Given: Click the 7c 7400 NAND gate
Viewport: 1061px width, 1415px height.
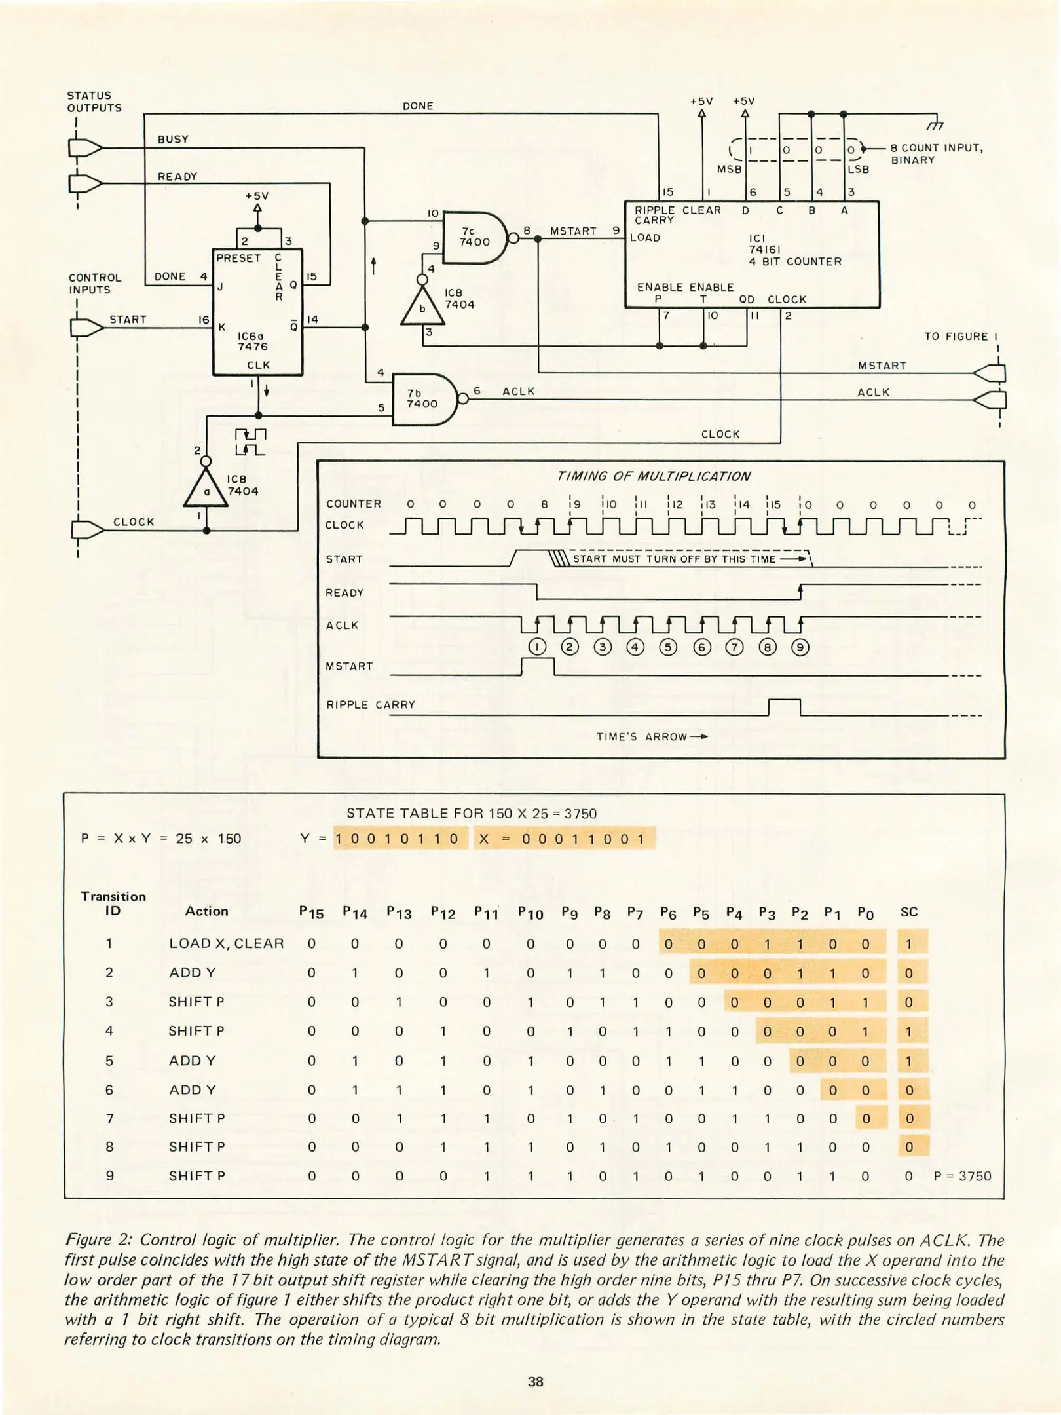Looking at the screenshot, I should [x=475, y=238].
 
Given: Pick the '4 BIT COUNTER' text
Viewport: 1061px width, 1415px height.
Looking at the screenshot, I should [x=795, y=261].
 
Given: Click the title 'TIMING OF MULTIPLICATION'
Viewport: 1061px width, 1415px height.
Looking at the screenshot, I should [x=653, y=476].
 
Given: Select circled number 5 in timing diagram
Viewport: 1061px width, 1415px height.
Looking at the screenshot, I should [x=667, y=647].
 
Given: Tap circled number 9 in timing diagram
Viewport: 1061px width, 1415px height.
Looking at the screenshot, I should [x=800, y=647].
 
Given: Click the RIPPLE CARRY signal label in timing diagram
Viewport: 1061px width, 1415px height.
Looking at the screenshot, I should [x=371, y=705].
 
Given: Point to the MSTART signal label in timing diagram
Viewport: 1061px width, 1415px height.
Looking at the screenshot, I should [x=349, y=666].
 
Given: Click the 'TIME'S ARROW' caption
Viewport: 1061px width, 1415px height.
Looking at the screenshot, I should [x=652, y=737].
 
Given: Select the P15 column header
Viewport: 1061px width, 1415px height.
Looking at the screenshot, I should [x=311, y=913].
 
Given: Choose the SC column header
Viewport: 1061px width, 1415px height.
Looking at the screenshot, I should [x=908, y=912].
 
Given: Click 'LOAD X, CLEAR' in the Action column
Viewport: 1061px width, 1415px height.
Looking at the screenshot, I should [x=226, y=943].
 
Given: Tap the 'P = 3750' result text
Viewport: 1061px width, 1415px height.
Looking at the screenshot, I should [x=962, y=1176].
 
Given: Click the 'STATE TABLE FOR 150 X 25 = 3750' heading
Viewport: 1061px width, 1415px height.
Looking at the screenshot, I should [x=471, y=814].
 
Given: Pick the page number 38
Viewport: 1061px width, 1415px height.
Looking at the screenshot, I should [x=535, y=1382].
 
